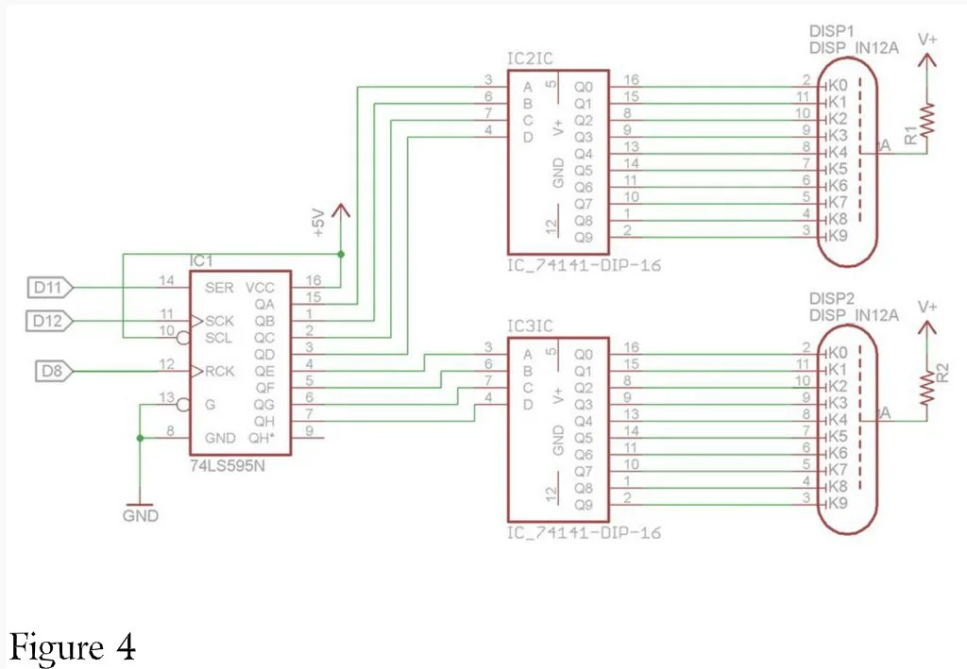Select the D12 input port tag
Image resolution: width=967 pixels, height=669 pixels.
click(x=49, y=321)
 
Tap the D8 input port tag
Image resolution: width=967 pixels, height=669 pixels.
click(x=54, y=372)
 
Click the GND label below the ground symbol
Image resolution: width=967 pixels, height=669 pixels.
click(x=141, y=515)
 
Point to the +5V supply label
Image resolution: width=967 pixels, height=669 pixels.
click(x=318, y=223)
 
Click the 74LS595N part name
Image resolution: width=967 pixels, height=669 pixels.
click(x=227, y=466)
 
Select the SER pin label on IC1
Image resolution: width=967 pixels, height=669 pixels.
click(x=219, y=288)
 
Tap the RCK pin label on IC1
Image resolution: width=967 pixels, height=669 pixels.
click(x=219, y=372)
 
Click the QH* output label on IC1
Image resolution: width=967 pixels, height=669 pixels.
click(x=262, y=438)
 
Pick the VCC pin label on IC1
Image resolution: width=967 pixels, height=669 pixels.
click(x=260, y=288)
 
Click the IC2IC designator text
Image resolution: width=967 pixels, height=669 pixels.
click(x=530, y=59)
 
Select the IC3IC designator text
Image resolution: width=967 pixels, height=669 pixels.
click(x=530, y=326)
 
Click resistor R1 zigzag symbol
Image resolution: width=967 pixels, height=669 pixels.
click(x=927, y=121)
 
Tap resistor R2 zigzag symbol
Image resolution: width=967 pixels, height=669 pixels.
click(x=927, y=388)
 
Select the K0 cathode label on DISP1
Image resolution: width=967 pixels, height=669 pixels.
click(x=838, y=85)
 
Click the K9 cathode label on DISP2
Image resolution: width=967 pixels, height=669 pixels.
click(x=838, y=503)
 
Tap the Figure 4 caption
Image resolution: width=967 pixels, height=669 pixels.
click(x=73, y=646)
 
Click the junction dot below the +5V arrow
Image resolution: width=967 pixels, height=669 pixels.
click(x=341, y=254)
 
